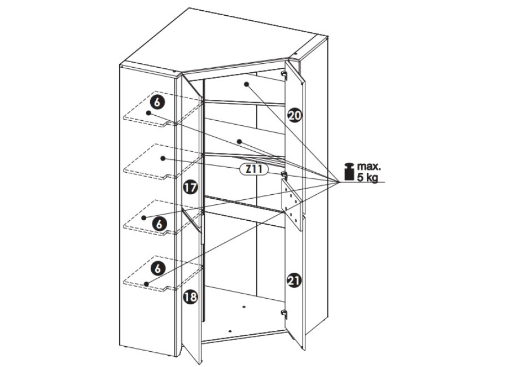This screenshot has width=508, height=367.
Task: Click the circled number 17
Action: pyautogui.click(x=190, y=187)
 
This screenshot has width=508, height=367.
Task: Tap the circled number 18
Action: pyautogui.click(x=190, y=297)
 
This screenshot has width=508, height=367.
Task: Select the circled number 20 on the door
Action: pyautogui.click(x=295, y=115)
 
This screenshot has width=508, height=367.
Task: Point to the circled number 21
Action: pyautogui.click(x=294, y=280)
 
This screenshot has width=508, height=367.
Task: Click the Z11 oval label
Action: pyautogui.click(x=254, y=169)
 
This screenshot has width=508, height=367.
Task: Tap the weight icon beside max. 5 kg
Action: pyautogui.click(x=349, y=171)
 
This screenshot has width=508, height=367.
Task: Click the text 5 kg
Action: pyautogui.click(x=367, y=178)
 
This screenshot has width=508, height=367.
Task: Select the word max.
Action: pyautogui.click(x=369, y=167)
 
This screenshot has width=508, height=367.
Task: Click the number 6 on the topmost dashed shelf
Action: pyautogui.click(x=157, y=102)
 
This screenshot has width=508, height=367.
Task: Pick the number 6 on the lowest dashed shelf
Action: pyautogui.click(x=158, y=269)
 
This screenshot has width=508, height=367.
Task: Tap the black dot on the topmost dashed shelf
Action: pyautogui.click(x=148, y=113)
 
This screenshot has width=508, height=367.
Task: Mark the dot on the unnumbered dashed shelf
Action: pyautogui.click(x=163, y=158)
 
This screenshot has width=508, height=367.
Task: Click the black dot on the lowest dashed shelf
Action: pyautogui.click(x=146, y=284)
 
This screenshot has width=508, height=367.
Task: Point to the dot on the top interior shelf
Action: pyautogui.click(x=247, y=84)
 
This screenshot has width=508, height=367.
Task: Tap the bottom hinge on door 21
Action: pyautogui.click(x=284, y=313)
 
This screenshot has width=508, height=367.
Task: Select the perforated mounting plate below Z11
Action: pyautogui.click(x=292, y=205)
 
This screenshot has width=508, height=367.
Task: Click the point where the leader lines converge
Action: pyautogui.click(x=339, y=182)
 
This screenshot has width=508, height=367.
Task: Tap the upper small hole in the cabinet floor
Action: pyautogui.click(x=244, y=307)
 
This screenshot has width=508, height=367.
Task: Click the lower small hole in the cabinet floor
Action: pyautogui.click(x=230, y=331)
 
